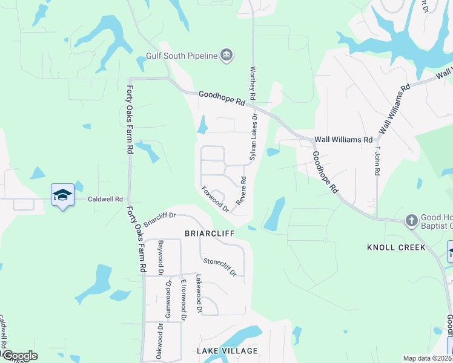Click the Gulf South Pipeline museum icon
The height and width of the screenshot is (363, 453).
click(226, 56)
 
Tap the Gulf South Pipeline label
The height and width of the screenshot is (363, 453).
click(182, 56)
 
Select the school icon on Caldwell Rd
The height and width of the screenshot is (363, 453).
click(62, 195)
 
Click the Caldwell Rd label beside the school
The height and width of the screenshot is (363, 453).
click(105, 198)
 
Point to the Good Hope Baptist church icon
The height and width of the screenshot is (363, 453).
click(411, 220)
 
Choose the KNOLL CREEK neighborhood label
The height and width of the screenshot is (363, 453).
click(396, 247)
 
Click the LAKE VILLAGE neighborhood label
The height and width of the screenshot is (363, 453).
click(227, 351)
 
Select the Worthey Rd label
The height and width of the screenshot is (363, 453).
click(253, 83)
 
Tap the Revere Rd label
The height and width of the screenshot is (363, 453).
click(241, 190)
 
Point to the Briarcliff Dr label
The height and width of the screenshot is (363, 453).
click(159, 217)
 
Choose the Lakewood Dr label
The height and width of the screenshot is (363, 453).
click(199, 293)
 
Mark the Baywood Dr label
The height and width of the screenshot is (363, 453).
click(161, 258)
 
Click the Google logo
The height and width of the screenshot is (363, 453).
click(19, 356)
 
